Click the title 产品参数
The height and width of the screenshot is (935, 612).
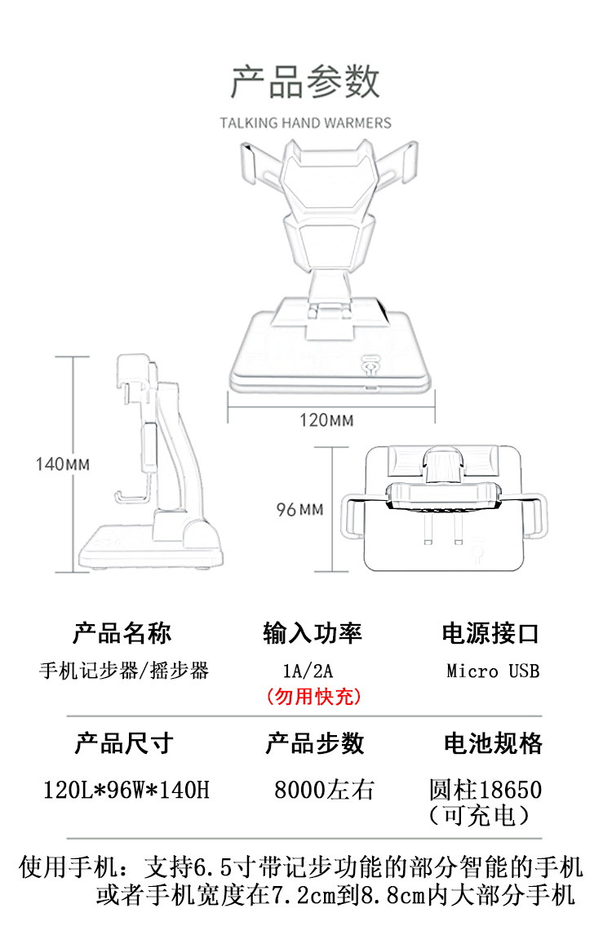[305, 82]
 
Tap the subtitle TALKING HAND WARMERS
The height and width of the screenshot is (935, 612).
[305, 123]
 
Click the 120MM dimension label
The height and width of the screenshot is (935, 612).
[326, 420]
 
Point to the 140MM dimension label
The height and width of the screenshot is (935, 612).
[63, 464]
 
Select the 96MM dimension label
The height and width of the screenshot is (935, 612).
[299, 510]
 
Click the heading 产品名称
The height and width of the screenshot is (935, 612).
[122, 632]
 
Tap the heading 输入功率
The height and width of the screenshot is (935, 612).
[313, 632]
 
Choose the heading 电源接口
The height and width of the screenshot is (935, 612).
[491, 632]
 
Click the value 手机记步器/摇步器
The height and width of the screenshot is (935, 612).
[124, 671]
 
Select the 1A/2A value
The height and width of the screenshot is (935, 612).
[308, 671]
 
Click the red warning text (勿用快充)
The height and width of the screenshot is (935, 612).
[313, 697]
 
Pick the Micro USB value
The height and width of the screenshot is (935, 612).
[493, 671]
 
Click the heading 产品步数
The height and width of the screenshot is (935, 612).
[315, 743]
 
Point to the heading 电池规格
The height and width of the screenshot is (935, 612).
[493, 743]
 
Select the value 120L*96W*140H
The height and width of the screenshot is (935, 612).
[126, 790]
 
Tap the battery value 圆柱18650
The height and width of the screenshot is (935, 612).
[485, 790]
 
